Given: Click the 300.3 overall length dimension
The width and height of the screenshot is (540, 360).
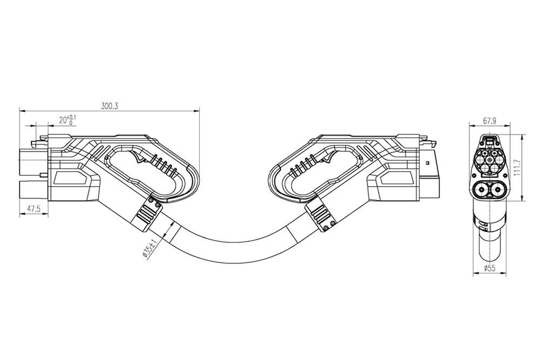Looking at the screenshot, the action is (110, 106).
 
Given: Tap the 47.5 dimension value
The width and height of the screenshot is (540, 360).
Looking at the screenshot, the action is (34, 209).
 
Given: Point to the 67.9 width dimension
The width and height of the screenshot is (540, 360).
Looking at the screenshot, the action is (489, 121).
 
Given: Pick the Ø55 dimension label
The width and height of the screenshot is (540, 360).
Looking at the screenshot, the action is (489, 268).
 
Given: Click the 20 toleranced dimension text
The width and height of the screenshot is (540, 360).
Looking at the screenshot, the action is (67, 120).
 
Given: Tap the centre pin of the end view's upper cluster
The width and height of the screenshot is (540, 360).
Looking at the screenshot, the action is (489, 160).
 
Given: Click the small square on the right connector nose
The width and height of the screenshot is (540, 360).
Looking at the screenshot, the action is (428, 162).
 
